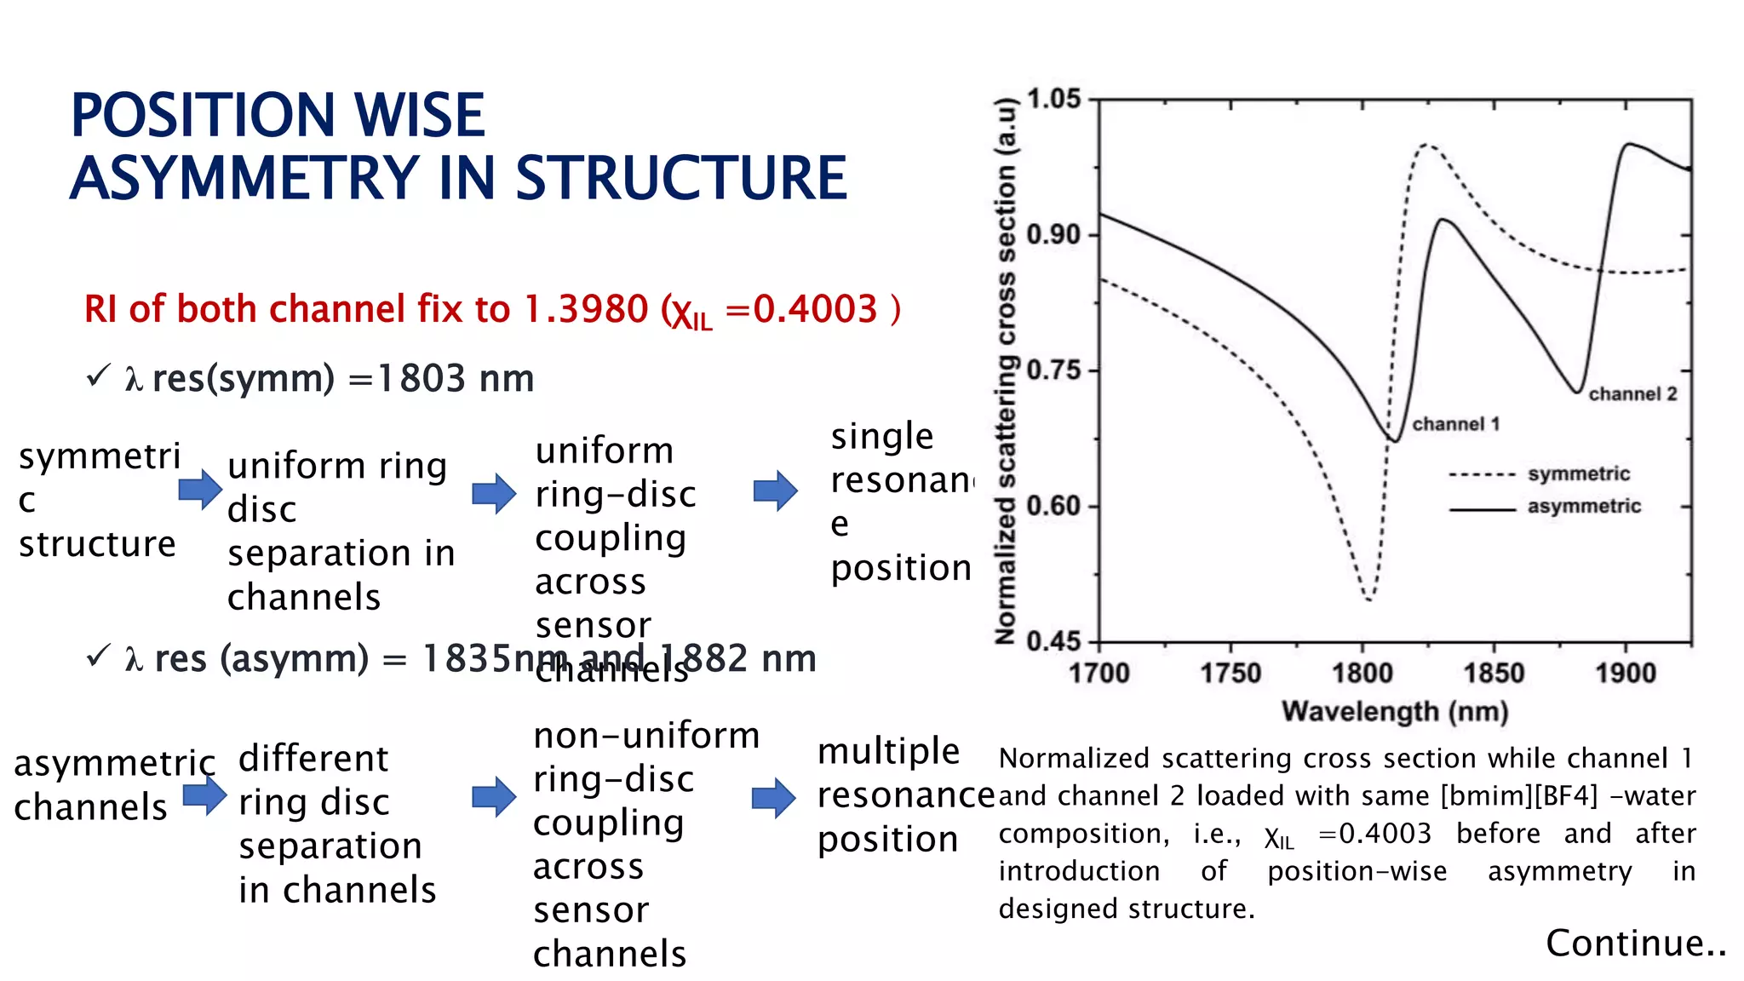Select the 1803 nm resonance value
point(455,378)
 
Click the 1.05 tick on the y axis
point(1053,99)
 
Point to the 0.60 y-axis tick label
point(1053,506)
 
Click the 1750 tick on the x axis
point(1230,674)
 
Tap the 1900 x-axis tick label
point(1625,674)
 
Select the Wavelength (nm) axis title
point(1395,711)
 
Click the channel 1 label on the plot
point(1455,424)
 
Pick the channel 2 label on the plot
point(1632,393)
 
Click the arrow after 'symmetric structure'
point(201,490)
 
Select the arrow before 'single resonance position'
point(776,490)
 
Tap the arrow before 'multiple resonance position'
point(774,798)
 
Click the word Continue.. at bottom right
point(1636,944)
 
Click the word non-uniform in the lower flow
point(646,735)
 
